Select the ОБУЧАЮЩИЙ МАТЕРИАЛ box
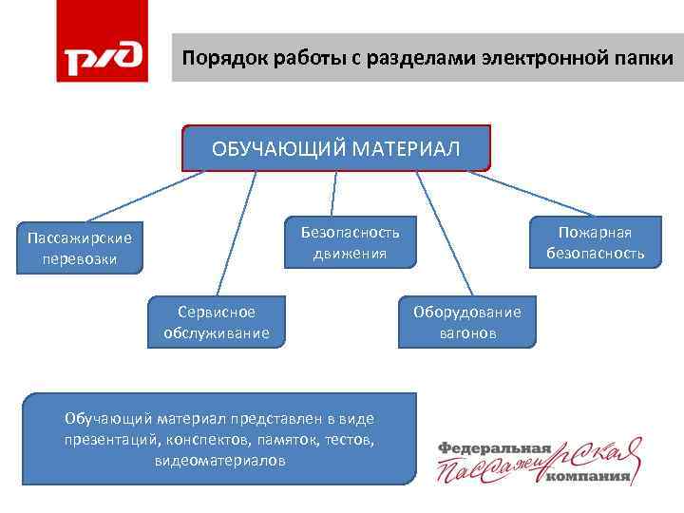coord(336,149)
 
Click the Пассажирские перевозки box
coord(80,249)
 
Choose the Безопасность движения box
coord(351,242)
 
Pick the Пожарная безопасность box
coord(595,242)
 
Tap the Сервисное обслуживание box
coord(217,322)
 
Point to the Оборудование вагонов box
coord(467,323)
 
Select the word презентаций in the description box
coord(112,440)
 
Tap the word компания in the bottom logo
coord(589,478)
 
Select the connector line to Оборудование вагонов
coord(445,233)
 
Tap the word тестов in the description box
coord(351,440)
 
